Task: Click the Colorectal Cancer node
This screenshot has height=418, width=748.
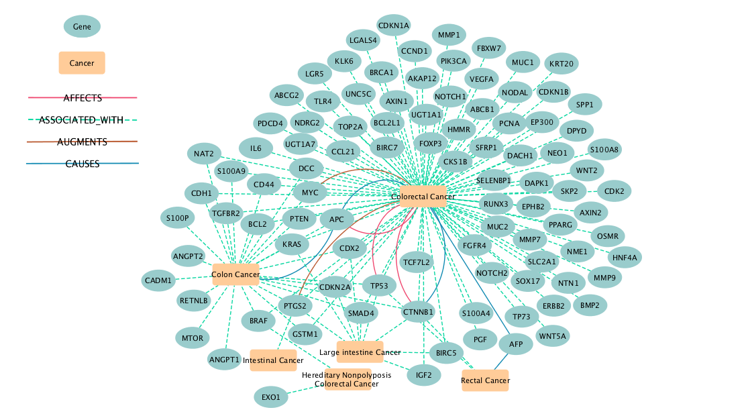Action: pos(423,196)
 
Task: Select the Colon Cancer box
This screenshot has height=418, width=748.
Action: pos(235,274)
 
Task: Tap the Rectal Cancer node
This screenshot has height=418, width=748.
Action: pos(485,380)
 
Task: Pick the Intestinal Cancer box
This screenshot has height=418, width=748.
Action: pos(273,360)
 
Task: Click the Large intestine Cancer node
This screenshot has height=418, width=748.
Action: pos(360,352)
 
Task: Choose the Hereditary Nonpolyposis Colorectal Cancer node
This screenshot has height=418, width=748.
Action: pos(348,380)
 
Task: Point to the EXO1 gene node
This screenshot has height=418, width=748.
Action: pos(272,397)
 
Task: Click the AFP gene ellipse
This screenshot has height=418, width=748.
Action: pos(516,344)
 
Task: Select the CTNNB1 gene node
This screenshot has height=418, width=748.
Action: pos(419,312)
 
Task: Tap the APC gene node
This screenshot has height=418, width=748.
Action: pos(337,219)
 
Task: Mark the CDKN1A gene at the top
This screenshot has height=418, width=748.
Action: pos(394,26)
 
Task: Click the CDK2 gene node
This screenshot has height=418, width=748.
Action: pos(614,191)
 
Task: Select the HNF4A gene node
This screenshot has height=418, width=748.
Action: pos(625,256)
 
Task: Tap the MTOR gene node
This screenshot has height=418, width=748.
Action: pos(193,337)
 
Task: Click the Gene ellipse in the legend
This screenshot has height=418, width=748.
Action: pos(82,27)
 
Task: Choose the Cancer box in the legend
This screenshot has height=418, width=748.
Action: pos(82,62)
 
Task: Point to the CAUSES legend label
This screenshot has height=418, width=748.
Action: pos(83,164)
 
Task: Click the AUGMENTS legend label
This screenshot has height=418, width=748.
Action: pos(83,142)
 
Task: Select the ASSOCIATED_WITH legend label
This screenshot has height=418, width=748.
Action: pos(83,120)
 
